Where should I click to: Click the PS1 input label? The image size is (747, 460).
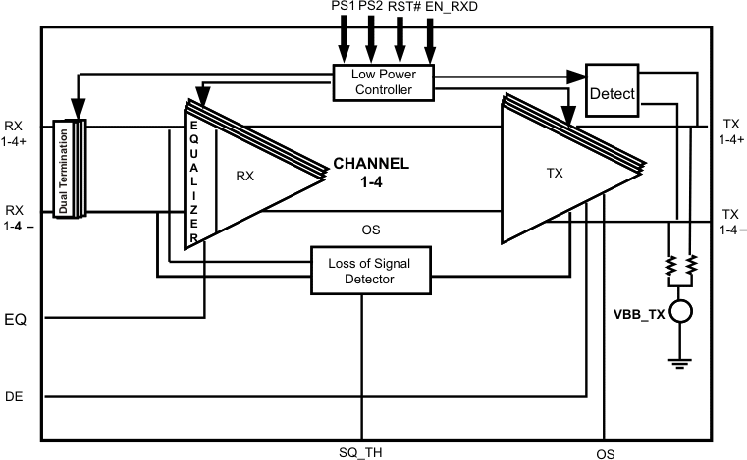[344, 8]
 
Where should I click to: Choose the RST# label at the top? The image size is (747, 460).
[400, 8]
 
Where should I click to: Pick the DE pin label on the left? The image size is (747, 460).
[15, 397]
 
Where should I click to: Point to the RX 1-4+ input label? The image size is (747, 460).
[16, 133]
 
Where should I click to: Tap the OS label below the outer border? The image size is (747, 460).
[606, 454]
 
